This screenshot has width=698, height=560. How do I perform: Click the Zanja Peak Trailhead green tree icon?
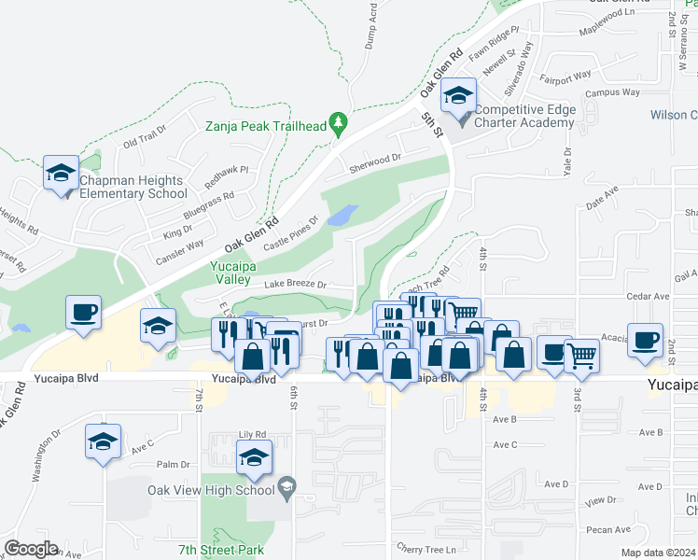click(338, 123)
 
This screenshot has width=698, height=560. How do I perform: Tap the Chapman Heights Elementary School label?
click(133, 187)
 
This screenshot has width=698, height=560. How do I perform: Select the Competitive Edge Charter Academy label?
click(524, 116)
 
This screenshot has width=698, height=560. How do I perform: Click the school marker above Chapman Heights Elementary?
click(62, 173)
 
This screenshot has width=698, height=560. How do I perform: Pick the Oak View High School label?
click(210, 489)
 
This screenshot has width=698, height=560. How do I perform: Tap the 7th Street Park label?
click(222, 552)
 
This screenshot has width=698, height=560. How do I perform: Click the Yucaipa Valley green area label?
click(228, 272)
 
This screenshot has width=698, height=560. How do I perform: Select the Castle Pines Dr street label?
click(290, 233)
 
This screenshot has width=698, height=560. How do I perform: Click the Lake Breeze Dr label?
click(296, 284)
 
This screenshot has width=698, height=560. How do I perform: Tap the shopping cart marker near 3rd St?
click(581, 355)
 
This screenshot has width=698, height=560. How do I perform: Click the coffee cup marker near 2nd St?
click(645, 340)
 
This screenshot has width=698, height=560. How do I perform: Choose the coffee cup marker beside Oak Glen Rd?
click(84, 312)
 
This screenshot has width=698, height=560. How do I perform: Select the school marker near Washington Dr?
click(103, 441)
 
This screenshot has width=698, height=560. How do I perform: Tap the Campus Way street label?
click(612, 92)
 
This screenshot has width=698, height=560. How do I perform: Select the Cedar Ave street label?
click(649, 296)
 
